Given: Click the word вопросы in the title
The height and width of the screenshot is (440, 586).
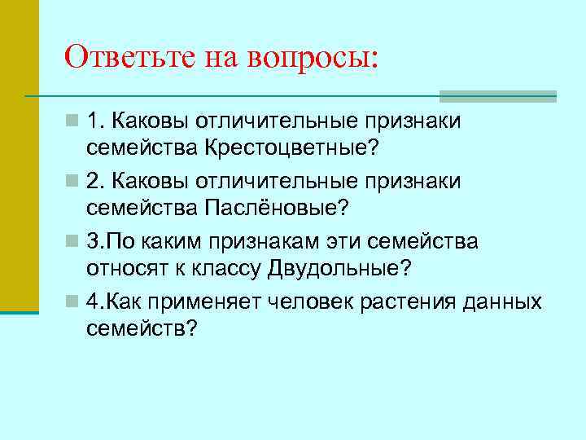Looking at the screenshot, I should (313, 58).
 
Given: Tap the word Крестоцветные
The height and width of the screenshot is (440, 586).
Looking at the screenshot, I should (293, 149).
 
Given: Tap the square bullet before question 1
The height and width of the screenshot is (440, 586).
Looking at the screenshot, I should (74, 121).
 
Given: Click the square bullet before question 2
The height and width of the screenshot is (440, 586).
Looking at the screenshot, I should (74, 182).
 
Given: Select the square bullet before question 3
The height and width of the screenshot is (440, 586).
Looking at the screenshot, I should (74, 242).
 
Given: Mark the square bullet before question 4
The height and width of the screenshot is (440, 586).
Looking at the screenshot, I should (74, 302).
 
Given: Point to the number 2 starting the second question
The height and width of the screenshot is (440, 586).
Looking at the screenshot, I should (94, 181).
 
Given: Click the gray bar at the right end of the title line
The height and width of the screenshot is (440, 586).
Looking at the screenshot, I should (498, 95).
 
